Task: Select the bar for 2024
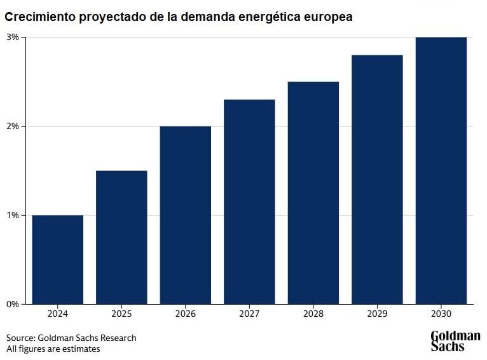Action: click(57, 260)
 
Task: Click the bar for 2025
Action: click(121, 237)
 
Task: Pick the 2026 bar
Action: click(185, 215)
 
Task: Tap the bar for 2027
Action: click(249, 202)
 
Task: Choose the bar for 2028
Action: click(313, 193)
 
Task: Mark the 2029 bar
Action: click(377, 179)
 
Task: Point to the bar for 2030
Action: click(441, 170)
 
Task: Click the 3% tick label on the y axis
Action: click(13, 37)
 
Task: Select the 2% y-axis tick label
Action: click(13, 126)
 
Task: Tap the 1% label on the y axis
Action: click(13, 215)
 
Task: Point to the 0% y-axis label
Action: click(13, 304)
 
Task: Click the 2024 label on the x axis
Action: click(57, 314)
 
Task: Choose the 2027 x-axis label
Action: click(249, 314)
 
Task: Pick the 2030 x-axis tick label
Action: click(441, 314)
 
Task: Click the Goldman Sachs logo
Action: click(455, 341)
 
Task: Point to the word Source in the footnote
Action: click(20, 338)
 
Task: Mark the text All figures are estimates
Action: click(53, 349)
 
